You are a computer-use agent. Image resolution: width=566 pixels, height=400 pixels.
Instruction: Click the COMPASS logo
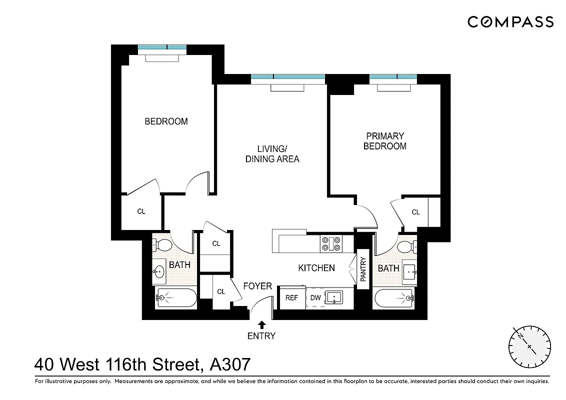510,21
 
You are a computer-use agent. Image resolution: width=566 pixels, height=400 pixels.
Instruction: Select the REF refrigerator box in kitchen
291,298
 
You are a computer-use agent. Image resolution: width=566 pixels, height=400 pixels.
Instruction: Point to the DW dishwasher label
315,298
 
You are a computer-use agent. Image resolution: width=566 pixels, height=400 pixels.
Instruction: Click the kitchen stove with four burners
331,243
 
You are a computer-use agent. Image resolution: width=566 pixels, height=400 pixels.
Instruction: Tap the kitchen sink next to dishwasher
333,298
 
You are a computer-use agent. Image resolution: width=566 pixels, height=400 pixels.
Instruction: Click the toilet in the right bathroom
406,246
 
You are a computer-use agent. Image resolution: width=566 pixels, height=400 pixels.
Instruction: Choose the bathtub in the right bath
394,298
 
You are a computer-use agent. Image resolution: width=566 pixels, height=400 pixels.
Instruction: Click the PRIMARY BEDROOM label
384,141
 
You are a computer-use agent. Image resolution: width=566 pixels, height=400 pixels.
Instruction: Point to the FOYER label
257,286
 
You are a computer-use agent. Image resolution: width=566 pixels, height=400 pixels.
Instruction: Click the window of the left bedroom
162,48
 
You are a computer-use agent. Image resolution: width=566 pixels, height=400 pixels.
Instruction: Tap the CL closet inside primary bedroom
415,212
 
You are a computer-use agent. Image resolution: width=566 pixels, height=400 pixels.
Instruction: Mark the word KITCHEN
316,268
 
